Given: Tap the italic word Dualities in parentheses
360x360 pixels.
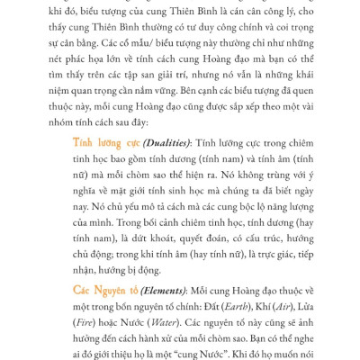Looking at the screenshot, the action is [166, 142].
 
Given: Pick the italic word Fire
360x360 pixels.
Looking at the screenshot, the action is [85, 321].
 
